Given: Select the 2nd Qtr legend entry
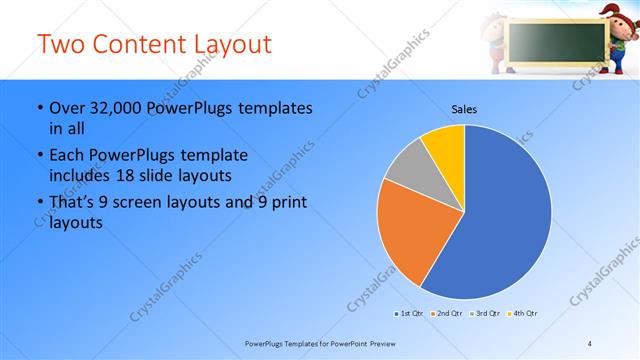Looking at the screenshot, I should pyautogui.click(x=447, y=314).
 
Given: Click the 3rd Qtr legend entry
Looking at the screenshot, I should pyautogui.click(x=485, y=314).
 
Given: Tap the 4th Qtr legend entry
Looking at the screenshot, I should pyautogui.click(x=523, y=314).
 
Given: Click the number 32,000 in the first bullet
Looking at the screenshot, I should pyautogui.click(x=116, y=108).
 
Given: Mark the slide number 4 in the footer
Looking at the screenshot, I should pyautogui.click(x=590, y=344).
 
